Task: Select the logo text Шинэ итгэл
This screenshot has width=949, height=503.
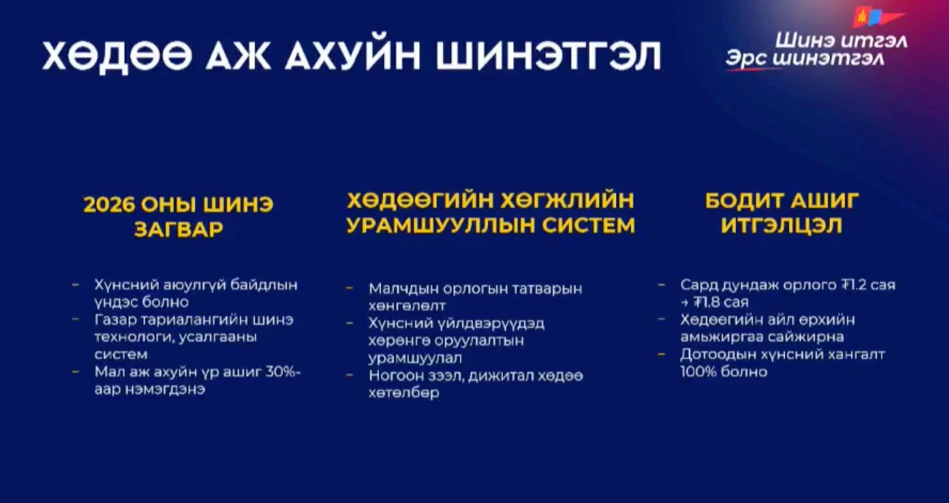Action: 841,41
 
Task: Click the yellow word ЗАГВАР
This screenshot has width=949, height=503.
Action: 179,230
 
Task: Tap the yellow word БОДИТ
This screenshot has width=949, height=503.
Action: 745,201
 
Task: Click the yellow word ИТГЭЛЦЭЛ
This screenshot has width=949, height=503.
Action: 782,226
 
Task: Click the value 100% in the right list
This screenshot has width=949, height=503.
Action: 701,371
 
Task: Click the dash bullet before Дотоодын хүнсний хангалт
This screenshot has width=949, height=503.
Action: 661,355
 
